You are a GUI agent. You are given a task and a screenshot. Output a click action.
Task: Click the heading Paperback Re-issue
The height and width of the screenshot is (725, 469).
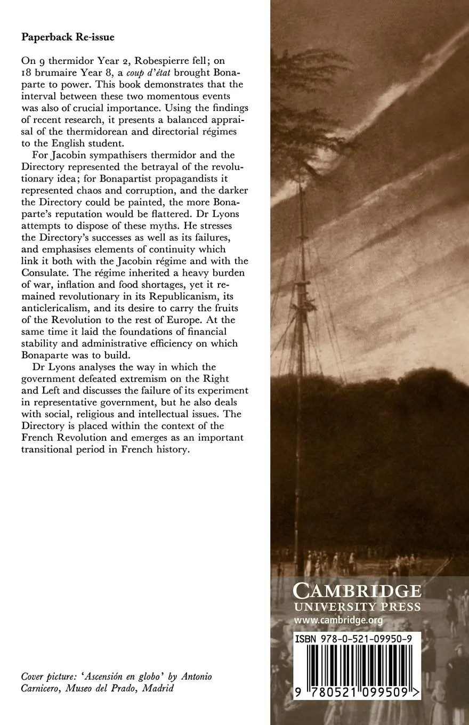pos(67,37)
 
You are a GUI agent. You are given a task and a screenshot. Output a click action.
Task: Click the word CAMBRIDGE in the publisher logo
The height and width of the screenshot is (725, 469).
pos(357,591)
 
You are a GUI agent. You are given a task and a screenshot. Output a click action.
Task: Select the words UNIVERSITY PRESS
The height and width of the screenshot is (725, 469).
pos(357,607)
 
